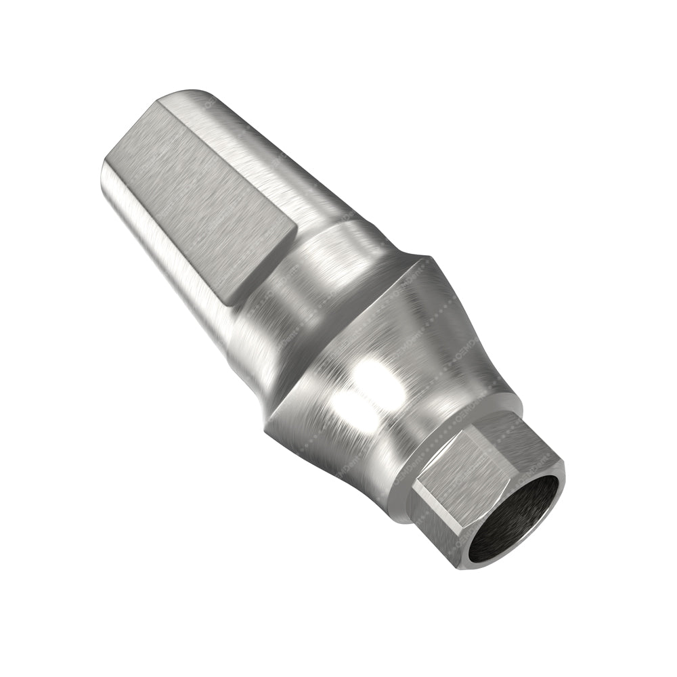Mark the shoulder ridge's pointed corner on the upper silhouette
(x=428, y=258)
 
